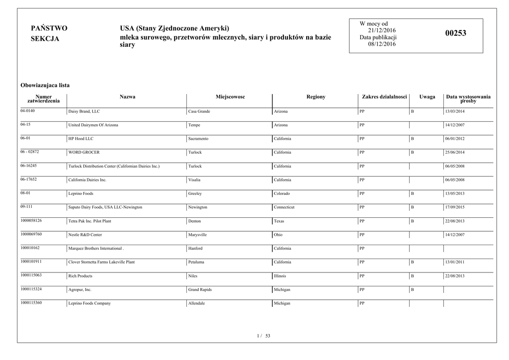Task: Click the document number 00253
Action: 456,33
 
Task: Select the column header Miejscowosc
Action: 230,96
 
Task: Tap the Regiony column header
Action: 316,96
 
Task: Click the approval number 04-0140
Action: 28,110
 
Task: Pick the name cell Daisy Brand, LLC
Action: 84,111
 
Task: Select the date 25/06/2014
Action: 455,153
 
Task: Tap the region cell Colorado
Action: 282,193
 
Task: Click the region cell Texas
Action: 279,221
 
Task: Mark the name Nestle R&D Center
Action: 85,235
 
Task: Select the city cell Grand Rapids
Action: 200,289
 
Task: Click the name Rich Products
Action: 80,276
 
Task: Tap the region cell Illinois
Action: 280,275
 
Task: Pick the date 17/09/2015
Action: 455,207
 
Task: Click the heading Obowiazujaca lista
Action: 45,85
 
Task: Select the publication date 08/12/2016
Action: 382,44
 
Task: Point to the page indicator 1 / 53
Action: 263,336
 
